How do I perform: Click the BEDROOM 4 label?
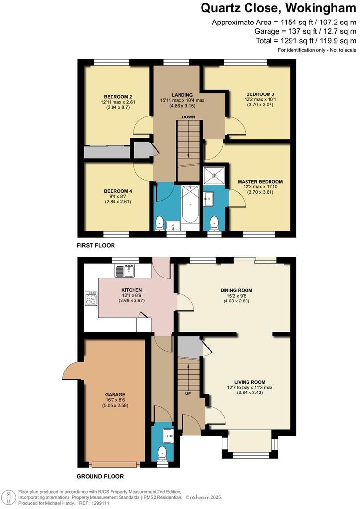coord(117,191)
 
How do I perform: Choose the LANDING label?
coord(182,94)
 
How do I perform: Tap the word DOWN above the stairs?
coord(189,117)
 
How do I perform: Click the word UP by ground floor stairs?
coord(188,393)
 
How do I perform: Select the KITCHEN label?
coord(132,290)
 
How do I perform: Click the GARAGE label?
coord(115,394)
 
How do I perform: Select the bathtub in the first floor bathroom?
coord(190,206)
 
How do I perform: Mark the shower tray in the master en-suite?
coord(215,175)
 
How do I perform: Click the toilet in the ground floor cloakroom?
coord(163,453)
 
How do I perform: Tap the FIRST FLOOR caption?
coord(96,245)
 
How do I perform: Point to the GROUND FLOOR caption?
coord(100,476)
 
